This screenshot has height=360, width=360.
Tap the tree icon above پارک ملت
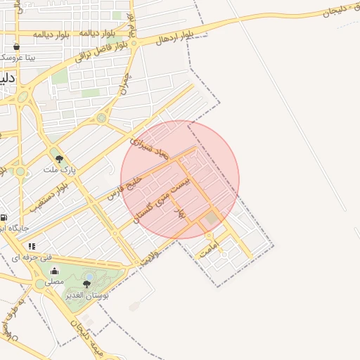[x=59, y=159]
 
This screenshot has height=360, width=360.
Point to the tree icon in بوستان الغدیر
[x=86, y=284]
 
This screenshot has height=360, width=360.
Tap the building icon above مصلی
[x=54, y=271]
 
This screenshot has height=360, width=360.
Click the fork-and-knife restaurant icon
[x=32, y=246]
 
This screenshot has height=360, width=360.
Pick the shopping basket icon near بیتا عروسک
[x=16, y=46]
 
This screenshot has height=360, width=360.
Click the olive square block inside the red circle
[x=212, y=219]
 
